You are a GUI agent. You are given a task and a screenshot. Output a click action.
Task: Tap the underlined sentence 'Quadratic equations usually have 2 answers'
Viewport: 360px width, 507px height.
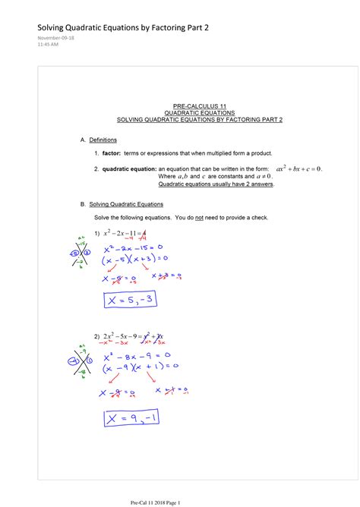[216, 184]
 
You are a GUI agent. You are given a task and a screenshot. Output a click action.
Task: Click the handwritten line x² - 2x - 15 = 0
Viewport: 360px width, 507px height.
[137, 247]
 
